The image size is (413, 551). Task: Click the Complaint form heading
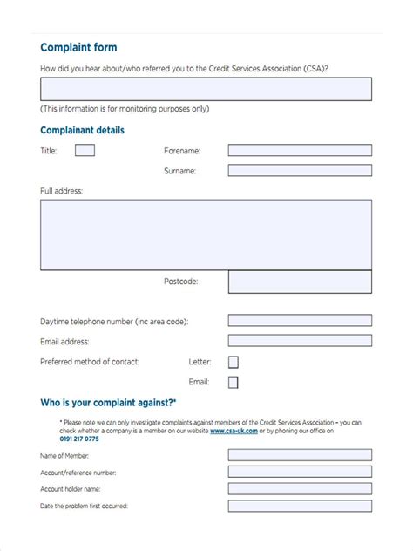point(78,47)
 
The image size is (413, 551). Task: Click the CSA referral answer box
point(206,89)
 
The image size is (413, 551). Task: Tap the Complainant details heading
point(82,130)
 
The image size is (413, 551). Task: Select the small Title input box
point(85,150)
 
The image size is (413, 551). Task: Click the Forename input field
point(300,150)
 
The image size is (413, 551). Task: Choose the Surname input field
point(300,171)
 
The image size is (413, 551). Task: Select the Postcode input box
point(300,282)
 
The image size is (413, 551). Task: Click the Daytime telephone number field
point(300,321)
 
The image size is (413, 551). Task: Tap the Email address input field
point(300,342)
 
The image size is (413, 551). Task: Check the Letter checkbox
point(233,362)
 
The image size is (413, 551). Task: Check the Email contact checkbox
point(233,382)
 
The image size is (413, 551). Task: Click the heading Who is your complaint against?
point(108,403)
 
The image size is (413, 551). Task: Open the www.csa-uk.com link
point(232,431)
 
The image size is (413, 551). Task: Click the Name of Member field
point(300,454)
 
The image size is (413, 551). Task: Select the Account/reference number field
point(300,472)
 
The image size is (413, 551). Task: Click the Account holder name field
point(300,489)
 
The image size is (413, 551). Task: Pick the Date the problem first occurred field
point(300,507)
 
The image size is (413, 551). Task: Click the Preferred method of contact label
point(90,361)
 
